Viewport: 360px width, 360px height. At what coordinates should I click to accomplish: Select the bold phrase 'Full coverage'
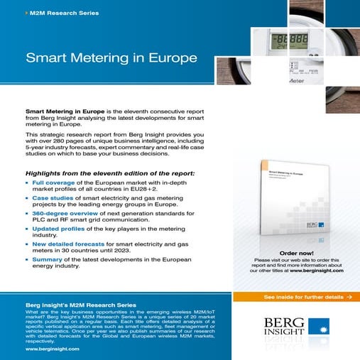pyautogui.click(x=54, y=183)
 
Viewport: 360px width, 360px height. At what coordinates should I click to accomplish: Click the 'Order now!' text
pyautogui.click(x=296, y=253)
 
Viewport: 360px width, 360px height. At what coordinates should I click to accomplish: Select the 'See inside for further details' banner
pyautogui.click(x=296, y=296)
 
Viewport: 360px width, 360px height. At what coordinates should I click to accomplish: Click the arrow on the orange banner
pyautogui.click(x=349, y=296)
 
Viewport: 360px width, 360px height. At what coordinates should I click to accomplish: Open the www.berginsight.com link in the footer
pyautogui.click(x=52, y=349)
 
